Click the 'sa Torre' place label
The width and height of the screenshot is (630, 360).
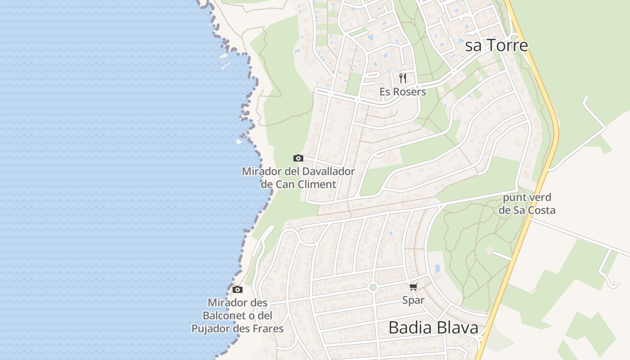(496, 45)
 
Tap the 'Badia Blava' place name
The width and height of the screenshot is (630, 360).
(433, 328)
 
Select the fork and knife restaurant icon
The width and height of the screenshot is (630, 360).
(403, 78)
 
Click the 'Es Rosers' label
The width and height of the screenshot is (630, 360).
(403, 92)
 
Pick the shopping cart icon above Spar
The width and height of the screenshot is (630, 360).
(413, 287)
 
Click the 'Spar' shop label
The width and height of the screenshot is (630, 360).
(413, 300)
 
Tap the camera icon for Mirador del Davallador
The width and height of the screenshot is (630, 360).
(298, 158)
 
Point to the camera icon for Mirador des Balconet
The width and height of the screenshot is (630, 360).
(237, 289)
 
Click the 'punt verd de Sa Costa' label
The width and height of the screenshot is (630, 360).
(527, 204)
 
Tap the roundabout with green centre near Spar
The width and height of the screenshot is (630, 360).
(372, 287)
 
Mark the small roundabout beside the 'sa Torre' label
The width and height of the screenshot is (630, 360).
(514, 37)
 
